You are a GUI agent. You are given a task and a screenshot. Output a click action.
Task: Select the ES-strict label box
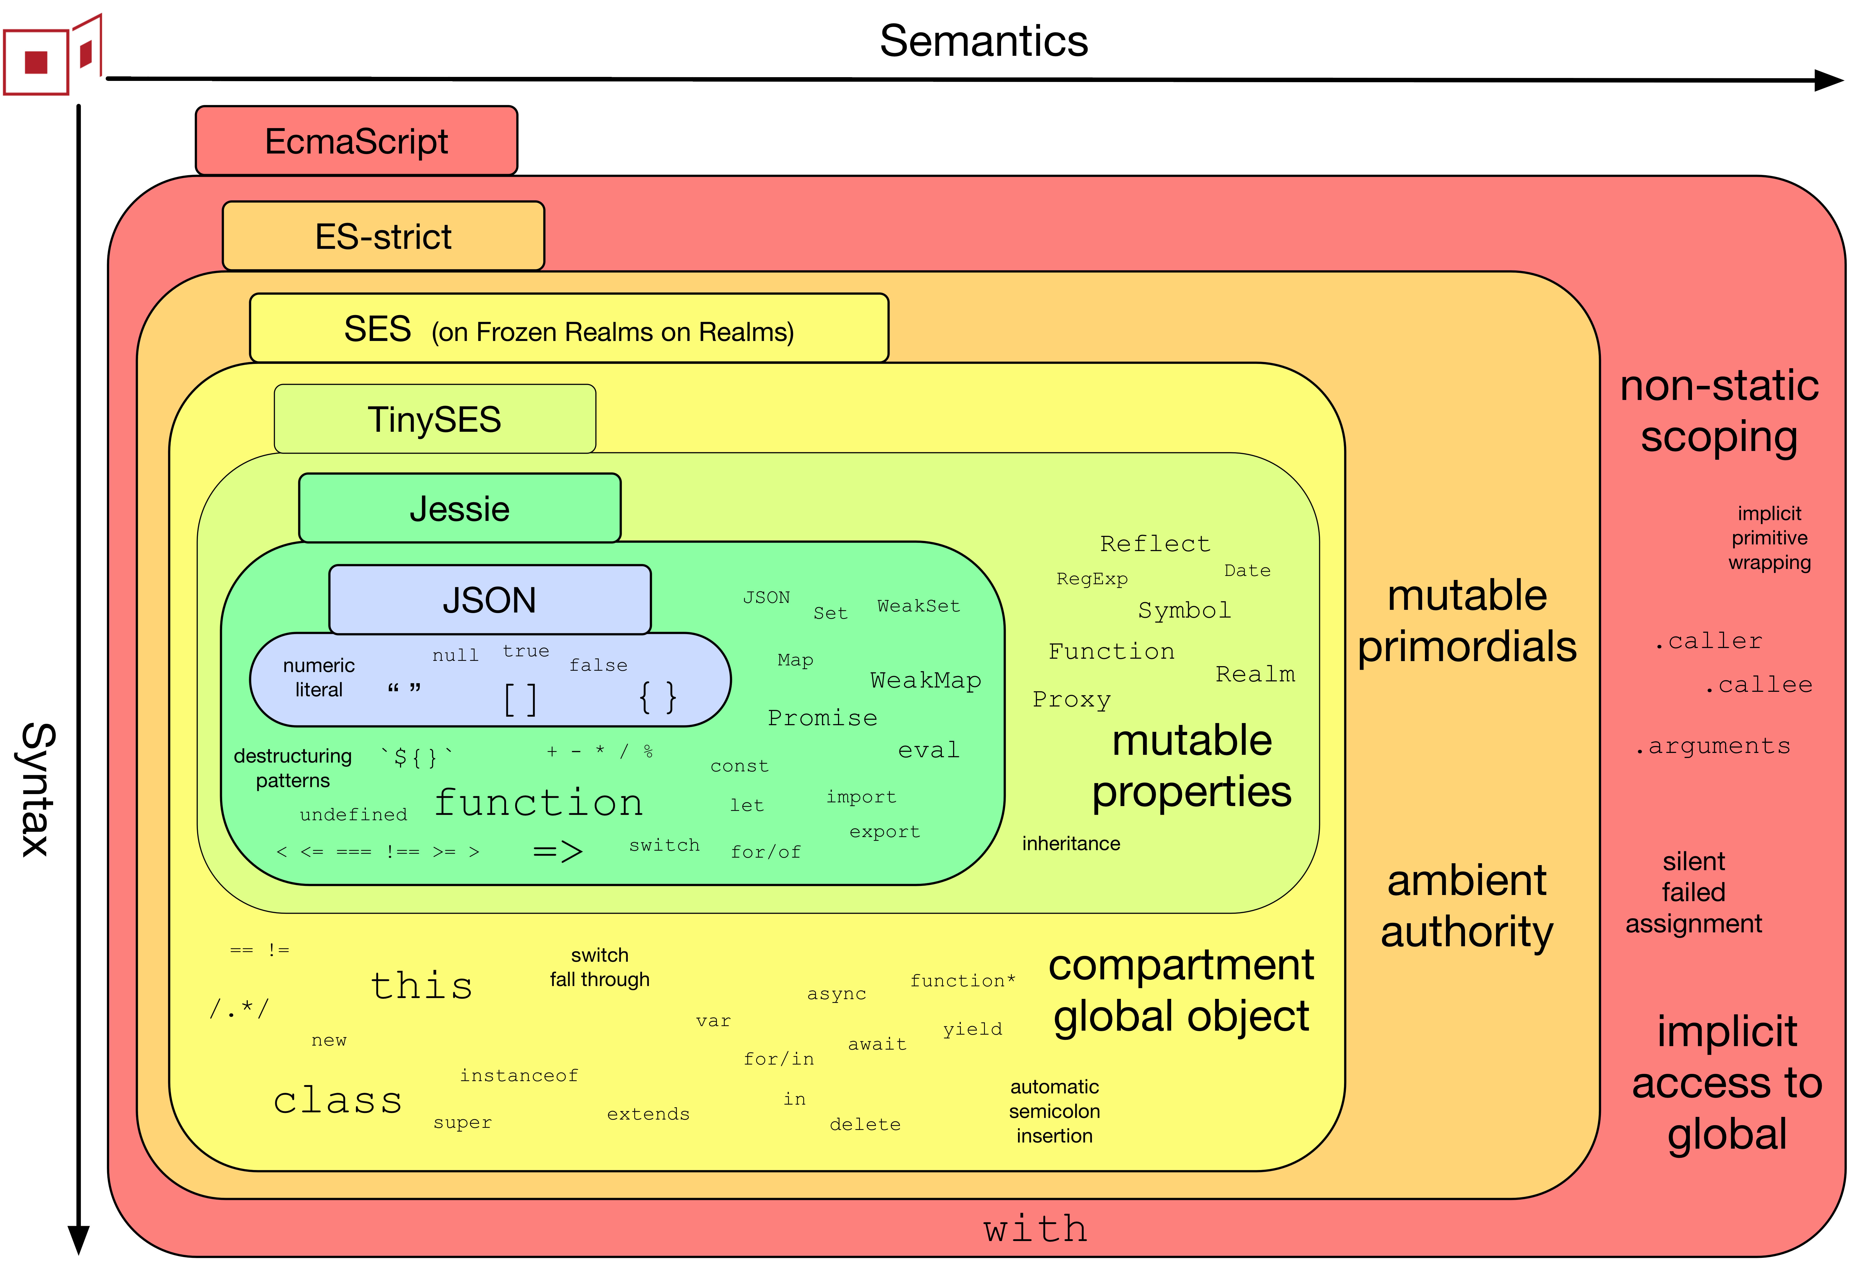383,236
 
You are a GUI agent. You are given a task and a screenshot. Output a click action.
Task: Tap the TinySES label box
434,419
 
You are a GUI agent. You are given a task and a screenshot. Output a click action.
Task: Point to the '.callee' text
1758,685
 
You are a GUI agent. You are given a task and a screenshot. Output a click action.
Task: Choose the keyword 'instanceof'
519,1075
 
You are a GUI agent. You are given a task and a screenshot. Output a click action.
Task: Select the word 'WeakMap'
925,680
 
